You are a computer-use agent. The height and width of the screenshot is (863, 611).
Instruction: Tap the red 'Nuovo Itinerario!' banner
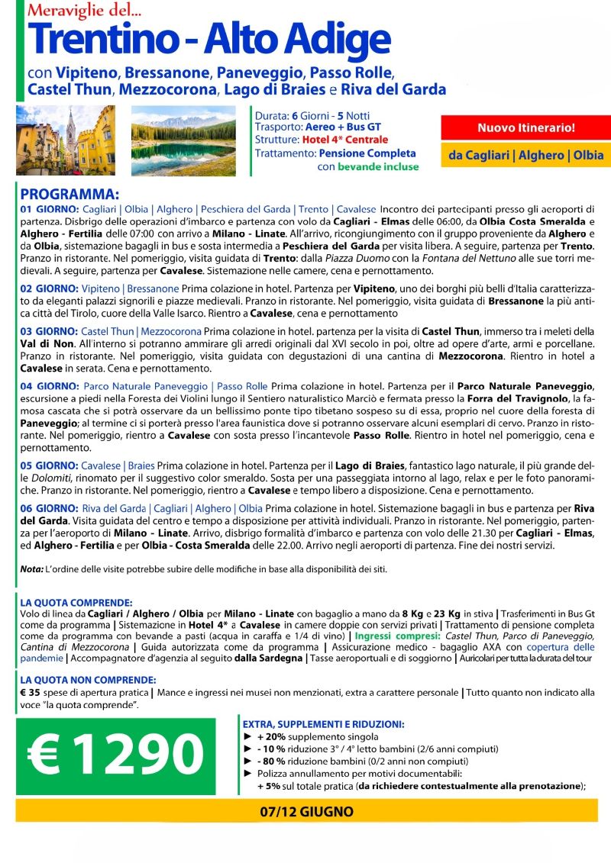(525, 127)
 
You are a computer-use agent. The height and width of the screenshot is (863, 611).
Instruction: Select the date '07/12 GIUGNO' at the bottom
(305, 810)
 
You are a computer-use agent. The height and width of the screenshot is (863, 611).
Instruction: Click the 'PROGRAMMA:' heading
(70, 195)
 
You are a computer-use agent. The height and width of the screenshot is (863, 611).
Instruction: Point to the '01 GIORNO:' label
(47, 209)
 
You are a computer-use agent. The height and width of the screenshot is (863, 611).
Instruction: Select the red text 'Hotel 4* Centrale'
(346, 140)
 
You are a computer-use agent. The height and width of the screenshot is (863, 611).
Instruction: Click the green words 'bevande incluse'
(378, 166)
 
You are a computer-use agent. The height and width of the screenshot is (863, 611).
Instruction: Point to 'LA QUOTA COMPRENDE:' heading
(76, 602)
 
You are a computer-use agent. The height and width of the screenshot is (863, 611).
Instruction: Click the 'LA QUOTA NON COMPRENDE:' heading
(87, 680)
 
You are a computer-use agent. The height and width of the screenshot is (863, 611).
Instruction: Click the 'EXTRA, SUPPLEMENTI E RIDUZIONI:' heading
(324, 724)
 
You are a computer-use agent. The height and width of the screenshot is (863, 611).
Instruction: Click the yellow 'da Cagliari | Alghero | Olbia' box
(525, 155)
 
